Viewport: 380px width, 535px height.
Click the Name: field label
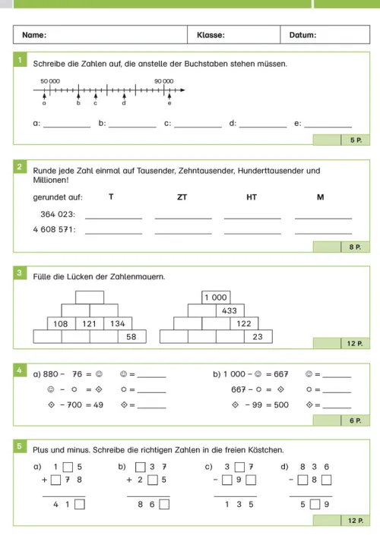(x=34, y=35)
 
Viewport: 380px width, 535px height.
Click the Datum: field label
(x=303, y=35)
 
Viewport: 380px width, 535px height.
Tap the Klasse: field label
(x=211, y=35)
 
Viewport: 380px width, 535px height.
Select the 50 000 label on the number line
(x=50, y=80)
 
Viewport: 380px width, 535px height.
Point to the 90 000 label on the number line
(x=163, y=80)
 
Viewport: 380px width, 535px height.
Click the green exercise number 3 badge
(x=21, y=272)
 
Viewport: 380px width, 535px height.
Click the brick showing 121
(x=90, y=324)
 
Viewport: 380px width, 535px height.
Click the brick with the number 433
(x=230, y=310)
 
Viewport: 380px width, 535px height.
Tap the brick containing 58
(x=131, y=337)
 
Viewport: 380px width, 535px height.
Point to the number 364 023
(x=57, y=214)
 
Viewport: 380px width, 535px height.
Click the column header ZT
(x=182, y=197)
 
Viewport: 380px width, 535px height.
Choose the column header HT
(x=252, y=197)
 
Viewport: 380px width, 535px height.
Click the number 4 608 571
(x=54, y=229)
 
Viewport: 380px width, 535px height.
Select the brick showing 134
(x=117, y=324)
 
